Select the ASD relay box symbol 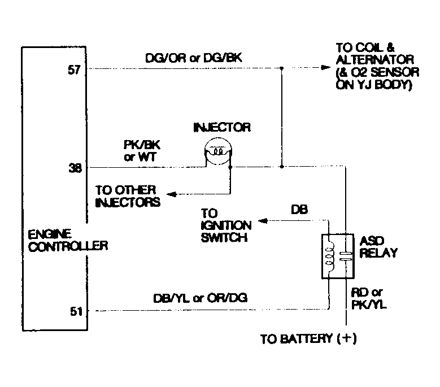[337, 255]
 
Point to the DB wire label [299, 209]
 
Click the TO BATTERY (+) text [308, 340]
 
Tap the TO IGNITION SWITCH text [224, 225]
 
